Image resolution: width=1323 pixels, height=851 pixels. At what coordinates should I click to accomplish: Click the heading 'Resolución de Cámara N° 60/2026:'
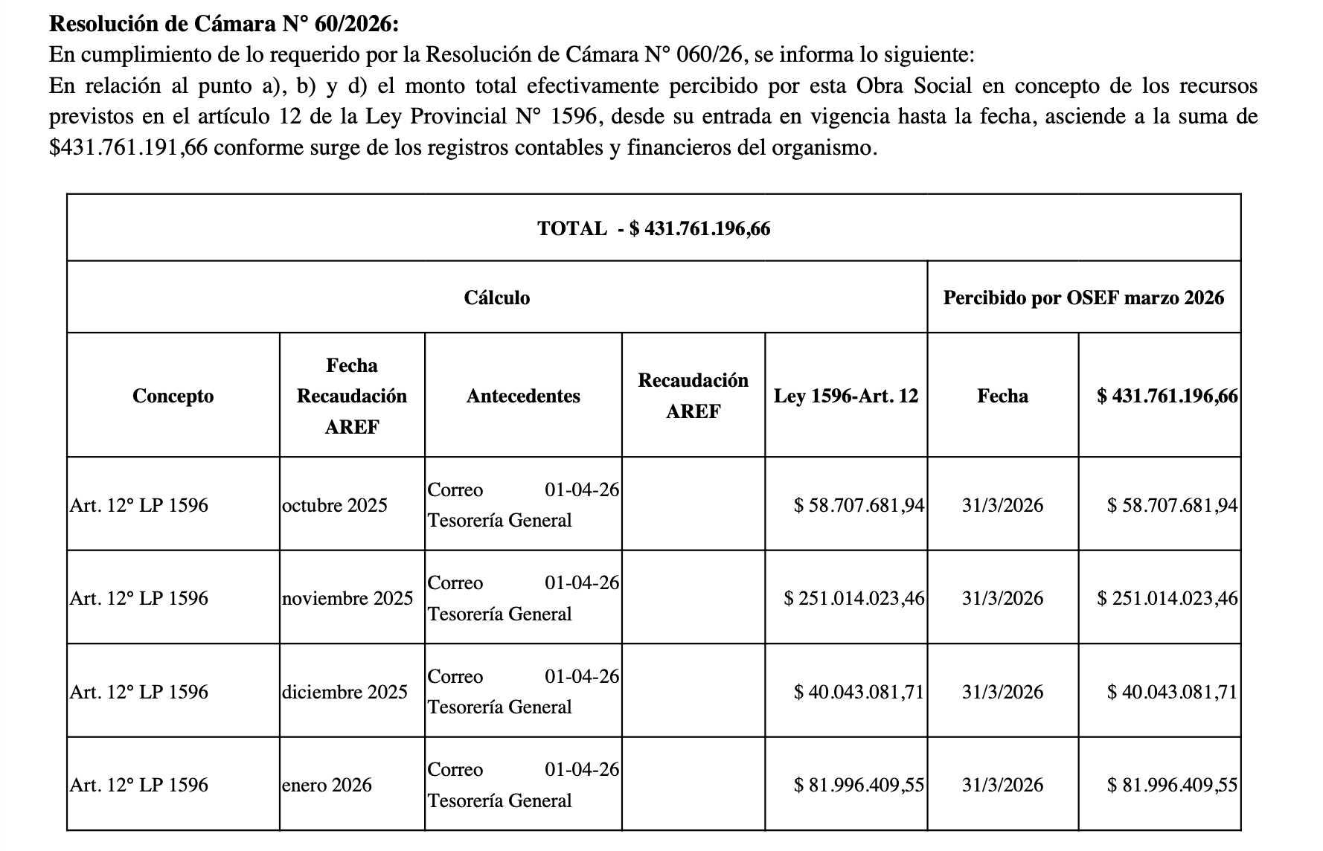(x=224, y=24)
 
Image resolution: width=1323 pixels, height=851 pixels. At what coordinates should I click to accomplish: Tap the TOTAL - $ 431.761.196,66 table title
(x=653, y=228)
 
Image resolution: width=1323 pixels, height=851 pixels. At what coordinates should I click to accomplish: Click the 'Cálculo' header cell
(x=497, y=298)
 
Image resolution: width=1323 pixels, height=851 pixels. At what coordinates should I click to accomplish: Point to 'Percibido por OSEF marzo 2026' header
(x=1083, y=298)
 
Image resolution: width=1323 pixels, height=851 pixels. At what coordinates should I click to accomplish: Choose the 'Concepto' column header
(x=173, y=396)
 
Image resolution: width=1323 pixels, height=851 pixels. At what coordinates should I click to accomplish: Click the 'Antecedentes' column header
(x=523, y=396)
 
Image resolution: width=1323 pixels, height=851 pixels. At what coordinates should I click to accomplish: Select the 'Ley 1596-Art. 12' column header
(x=846, y=396)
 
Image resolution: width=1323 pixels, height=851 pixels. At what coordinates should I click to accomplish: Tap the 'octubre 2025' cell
(x=335, y=505)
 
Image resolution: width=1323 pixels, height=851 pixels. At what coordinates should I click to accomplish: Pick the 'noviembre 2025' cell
(x=347, y=598)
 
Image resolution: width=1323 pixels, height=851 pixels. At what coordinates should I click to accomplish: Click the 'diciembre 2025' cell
(x=345, y=692)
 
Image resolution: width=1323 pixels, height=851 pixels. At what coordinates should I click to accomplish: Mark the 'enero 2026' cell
(x=327, y=785)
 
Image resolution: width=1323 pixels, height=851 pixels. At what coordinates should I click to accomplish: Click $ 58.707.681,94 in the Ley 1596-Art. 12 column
(x=859, y=505)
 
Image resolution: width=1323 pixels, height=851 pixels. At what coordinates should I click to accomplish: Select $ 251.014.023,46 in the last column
(x=1167, y=598)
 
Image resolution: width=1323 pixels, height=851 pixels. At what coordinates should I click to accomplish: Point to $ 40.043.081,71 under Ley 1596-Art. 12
(x=859, y=692)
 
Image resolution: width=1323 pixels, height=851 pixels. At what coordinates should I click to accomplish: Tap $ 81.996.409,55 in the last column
(x=1172, y=785)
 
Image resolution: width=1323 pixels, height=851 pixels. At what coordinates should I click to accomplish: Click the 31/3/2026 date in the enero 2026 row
(x=1002, y=785)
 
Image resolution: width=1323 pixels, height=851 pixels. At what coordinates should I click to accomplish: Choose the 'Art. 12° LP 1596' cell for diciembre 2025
(x=139, y=692)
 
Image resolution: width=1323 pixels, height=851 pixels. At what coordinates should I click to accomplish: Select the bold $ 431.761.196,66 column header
(x=1167, y=396)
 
